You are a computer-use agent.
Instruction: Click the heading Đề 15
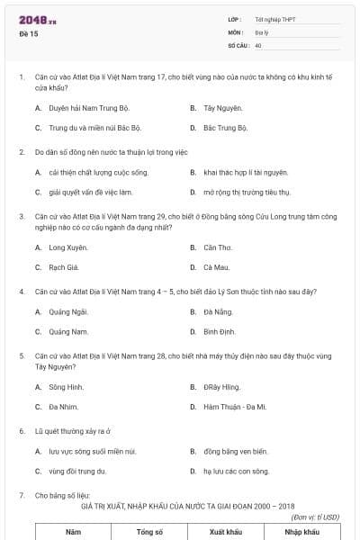point(28,33)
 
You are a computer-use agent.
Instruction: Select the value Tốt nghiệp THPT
point(274,19)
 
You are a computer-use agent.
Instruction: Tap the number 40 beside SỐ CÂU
point(258,44)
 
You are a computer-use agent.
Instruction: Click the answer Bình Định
point(219,331)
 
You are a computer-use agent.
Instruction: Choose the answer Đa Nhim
point(65,407)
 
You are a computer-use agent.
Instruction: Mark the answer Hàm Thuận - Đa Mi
point(235,407)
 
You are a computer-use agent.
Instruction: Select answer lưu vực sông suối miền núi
point(93,451)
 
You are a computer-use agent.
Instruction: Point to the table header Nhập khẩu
point(301,532)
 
